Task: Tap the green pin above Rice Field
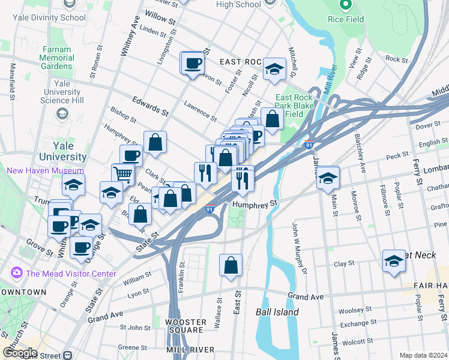pos(346,5)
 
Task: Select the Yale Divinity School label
pos(57,17)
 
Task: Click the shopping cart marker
pos(123,174)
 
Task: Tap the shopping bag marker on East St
pos(231,265)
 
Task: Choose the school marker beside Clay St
pos(393,261)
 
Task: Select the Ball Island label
pos(277,312)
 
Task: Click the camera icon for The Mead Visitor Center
pos(16,274)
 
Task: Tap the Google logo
pos(20,353)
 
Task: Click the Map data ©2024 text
pos(423,355)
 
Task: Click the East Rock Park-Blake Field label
pos(297,106)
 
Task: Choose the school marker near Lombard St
pos(328,178)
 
